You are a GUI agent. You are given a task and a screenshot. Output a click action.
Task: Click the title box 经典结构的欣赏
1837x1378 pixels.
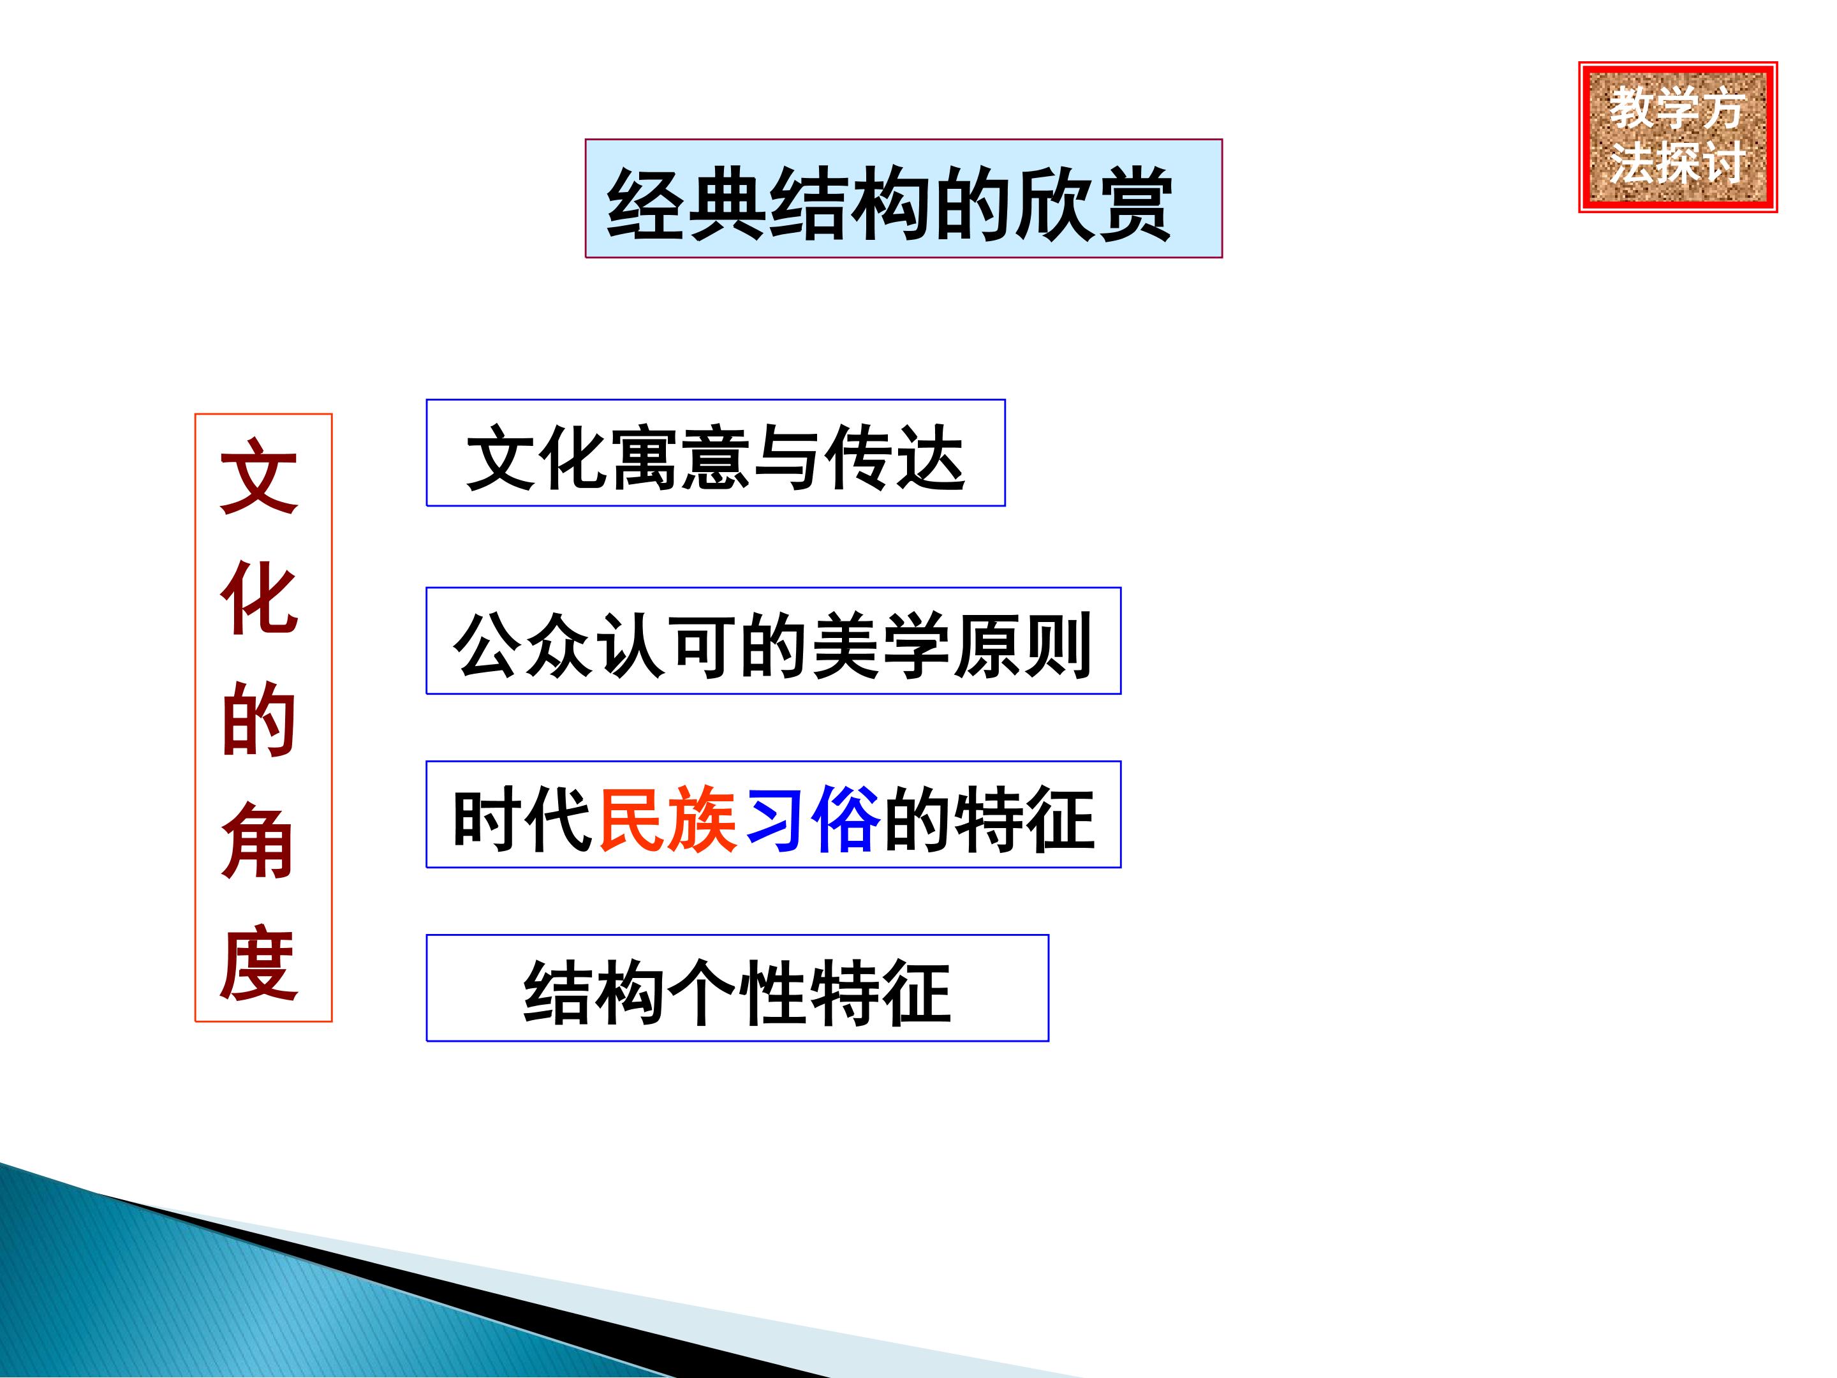(x=904, y=198)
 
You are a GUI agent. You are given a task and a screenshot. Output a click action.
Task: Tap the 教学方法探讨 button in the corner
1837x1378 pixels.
(x=1678, y=137)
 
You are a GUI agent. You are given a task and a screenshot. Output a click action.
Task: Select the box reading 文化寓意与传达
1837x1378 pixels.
(x=716, y=453)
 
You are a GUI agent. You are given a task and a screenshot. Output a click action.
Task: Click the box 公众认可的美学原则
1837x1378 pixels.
(x=773, y=641)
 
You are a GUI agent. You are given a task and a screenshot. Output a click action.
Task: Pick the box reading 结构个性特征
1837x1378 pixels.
(x=737, y=988)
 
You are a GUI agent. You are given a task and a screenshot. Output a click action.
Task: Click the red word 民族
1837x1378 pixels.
(x=668, y=818)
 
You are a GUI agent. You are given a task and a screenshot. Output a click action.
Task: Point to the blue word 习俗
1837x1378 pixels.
(x=812, y=818)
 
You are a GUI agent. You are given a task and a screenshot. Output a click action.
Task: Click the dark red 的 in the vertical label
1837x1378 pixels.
(x=259, y=720)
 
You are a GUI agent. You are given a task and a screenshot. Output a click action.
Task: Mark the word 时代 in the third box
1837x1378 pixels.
(x=522, y=818)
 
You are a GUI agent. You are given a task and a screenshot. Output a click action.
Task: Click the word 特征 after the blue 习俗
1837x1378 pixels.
(x=1025, y=818)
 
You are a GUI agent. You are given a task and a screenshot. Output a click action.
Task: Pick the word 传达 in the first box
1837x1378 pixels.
(x=896, y=457)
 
